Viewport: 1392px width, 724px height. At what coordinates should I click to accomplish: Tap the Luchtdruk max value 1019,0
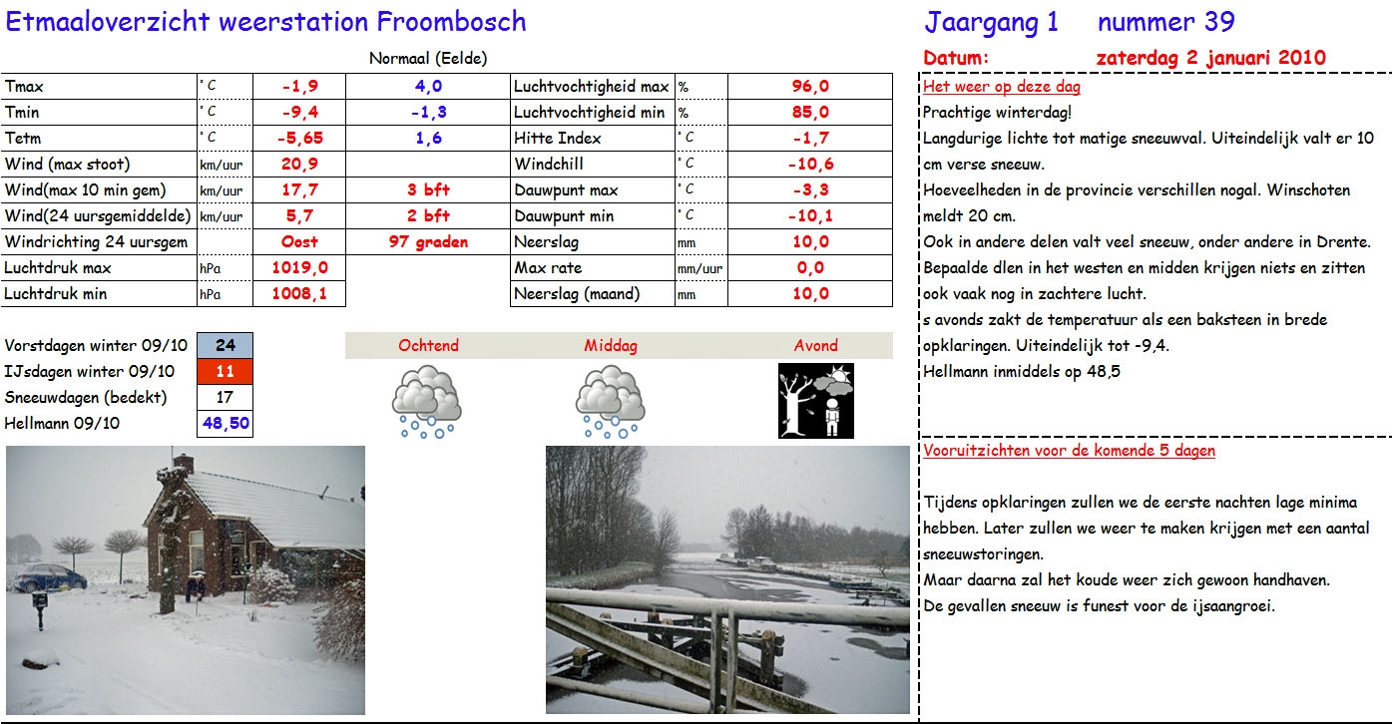(299, 268)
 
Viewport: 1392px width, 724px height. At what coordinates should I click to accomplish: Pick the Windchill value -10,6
(810, 165)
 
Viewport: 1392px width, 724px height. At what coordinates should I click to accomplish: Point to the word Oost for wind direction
(299, 242)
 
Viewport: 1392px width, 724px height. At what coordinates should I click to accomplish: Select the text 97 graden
(428, 242)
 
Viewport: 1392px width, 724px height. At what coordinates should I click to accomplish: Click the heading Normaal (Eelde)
(428, 59)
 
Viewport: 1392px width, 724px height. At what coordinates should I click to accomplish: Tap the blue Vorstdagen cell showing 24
(226, 346)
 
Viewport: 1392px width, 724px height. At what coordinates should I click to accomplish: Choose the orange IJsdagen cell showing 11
(226, 372)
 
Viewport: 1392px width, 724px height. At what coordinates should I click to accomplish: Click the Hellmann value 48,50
(226, 424)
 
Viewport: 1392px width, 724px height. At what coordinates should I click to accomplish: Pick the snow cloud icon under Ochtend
(427, 403)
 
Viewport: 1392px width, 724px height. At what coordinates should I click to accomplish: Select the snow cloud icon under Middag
(610, 403)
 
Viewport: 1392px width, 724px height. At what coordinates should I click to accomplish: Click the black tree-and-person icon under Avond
(815, 401)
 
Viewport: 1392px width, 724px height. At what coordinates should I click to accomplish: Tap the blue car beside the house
(50, 577)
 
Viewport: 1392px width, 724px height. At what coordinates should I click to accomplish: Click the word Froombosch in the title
(452, 21)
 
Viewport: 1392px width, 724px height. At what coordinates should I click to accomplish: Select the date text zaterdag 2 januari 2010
(1210, 58)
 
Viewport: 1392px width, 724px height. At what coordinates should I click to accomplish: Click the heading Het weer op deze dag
(988, 88)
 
